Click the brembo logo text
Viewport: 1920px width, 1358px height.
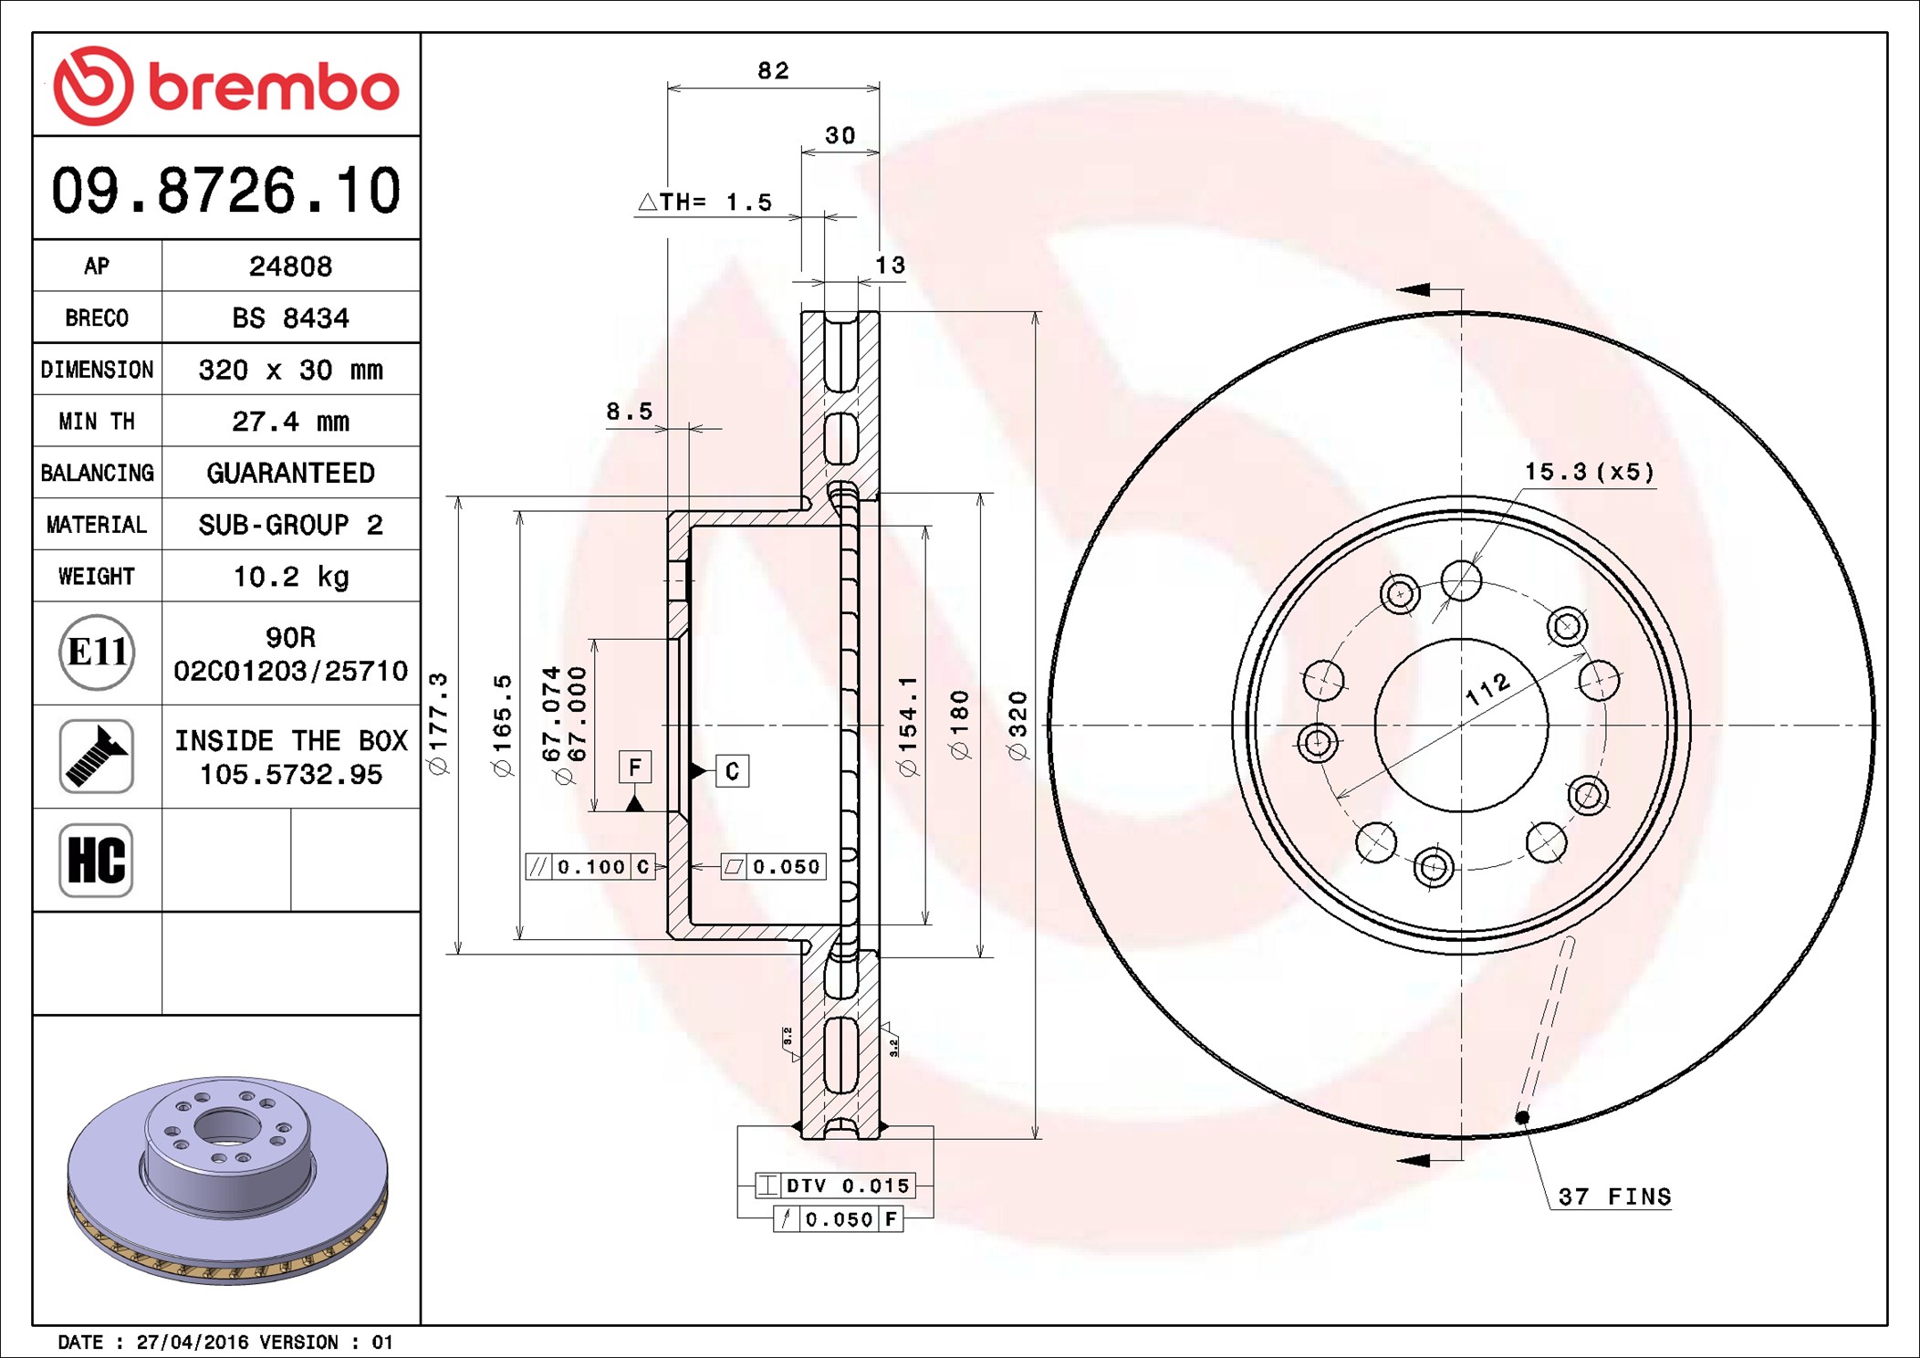click(x=273, y=88)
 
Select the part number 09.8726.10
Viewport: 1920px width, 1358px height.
click(x=225, y=191)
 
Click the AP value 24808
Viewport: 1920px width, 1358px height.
click(x=290, y=266)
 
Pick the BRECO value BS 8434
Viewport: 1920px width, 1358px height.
click(x=290, y=319)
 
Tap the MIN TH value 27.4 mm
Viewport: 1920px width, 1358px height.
click(x=290, y=422)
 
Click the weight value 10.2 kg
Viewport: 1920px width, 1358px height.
click(x=290, y=577)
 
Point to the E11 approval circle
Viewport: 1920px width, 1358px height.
click(x=97, y=653)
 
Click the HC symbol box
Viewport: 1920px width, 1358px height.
click(x=96, y=860)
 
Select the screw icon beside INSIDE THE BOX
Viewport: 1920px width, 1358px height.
click(x=96, y=756)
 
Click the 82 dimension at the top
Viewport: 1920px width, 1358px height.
click(x=773, y=71)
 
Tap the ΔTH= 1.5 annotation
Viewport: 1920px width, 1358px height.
click(x=705, y=203)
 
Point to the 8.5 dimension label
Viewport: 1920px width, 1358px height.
click(x=630, y=412)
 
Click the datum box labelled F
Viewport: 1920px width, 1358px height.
click(x=635, y=767)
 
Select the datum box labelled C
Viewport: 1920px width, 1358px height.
click(x=732, y=771)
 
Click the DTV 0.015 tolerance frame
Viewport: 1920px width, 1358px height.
click(x=834, y=1186)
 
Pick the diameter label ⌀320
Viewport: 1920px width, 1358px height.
click(x=1017, y=726)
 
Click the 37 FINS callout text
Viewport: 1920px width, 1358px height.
click(x=1613, y=1196)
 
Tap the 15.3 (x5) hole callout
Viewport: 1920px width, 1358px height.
click(x=1589, y=472)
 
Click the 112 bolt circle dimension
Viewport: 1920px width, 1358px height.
click(x=1487, y=688)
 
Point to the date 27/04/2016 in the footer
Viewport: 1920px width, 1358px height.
click(x=192, y=1342)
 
